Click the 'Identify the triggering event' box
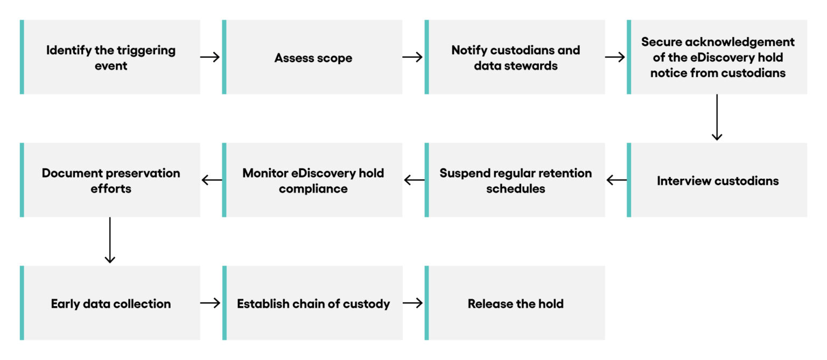(110, 57)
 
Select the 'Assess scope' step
(313, 57)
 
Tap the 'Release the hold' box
(515, 303)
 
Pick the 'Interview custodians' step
(717, 180)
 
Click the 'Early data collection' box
(110, 303)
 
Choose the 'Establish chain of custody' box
(313, 303)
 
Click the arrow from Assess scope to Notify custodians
(413, 57)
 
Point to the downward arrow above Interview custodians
(717, 117)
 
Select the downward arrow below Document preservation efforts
(110, 240)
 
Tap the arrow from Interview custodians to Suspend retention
(616, 180)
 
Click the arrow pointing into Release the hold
(413, 303)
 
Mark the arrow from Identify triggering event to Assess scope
(211, 57)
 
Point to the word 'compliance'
(313, 189)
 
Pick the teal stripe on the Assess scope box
(225, 57)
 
